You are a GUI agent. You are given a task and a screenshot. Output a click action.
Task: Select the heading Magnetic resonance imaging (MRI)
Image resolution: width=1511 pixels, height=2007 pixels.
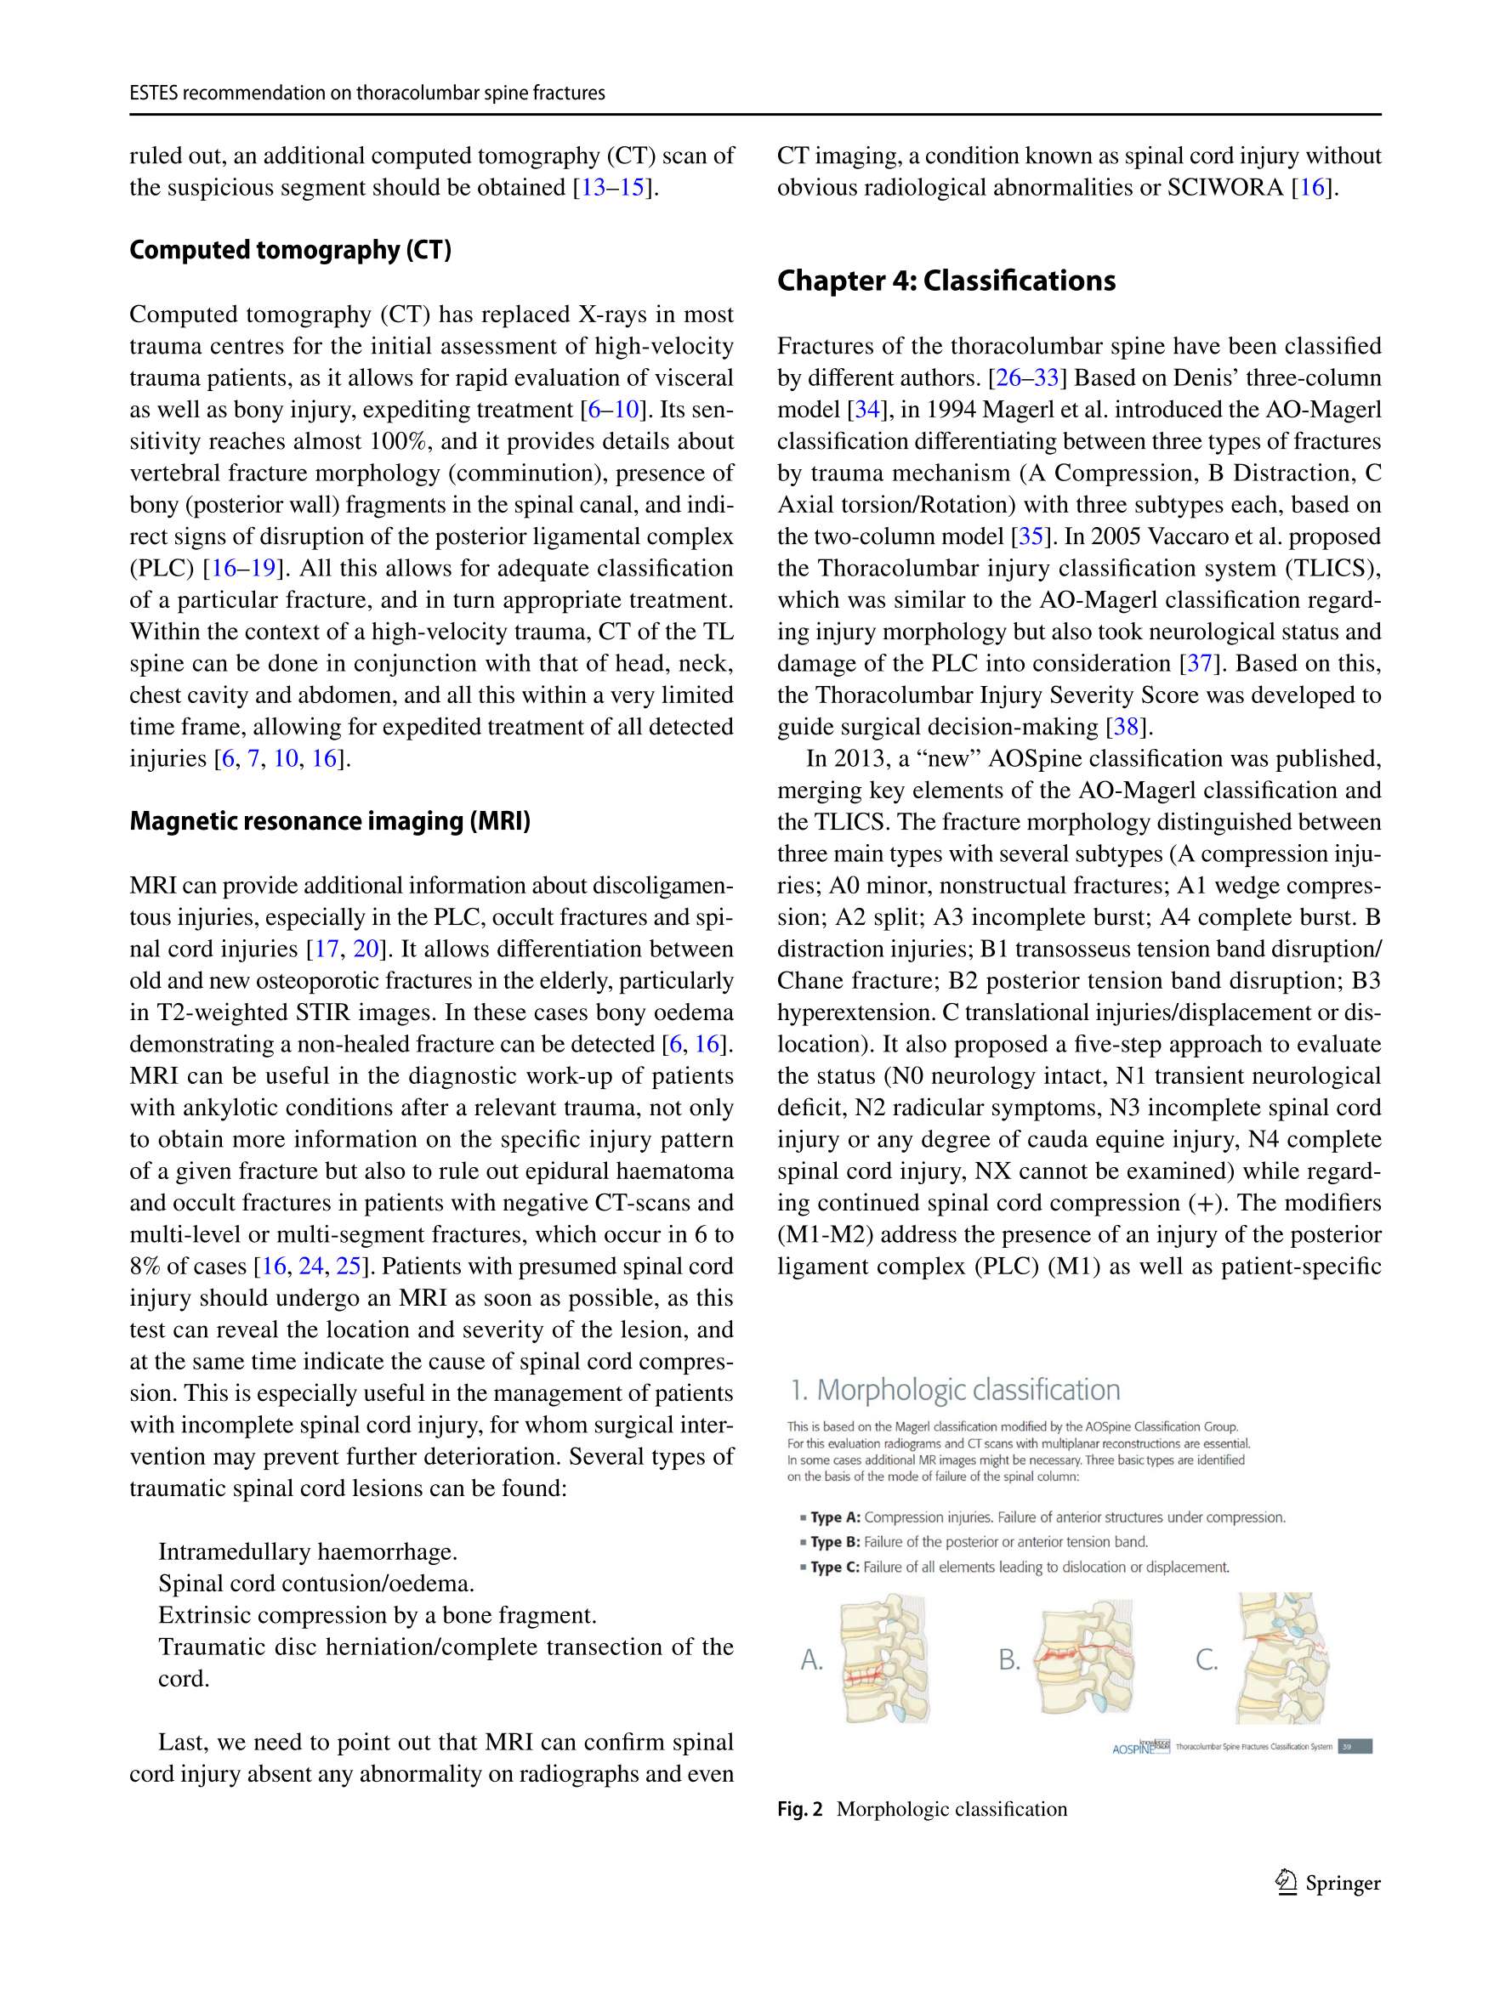[329, 821]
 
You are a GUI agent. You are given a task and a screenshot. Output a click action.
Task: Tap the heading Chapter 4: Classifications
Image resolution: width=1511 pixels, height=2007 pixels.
[946, 281]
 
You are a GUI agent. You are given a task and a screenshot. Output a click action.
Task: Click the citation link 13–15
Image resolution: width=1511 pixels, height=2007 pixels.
[612, 188]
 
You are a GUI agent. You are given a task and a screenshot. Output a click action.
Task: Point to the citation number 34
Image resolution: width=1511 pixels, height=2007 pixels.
[866, 410]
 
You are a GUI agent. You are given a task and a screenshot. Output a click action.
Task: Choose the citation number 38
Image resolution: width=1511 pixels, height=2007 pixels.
[1125, 727]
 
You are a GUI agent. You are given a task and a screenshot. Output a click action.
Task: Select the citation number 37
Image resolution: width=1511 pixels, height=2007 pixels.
[1200, 663]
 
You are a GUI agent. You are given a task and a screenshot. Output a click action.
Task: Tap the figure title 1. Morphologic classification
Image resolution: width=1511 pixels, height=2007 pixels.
[955, 1390]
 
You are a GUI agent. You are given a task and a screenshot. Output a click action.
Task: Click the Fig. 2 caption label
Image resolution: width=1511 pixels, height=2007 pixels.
[799, 1809]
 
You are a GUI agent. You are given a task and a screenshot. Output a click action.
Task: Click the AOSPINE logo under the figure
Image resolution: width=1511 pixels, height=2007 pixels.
[1139, 1747]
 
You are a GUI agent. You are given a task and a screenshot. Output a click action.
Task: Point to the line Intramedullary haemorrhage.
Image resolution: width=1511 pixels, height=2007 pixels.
[308, 1551]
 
